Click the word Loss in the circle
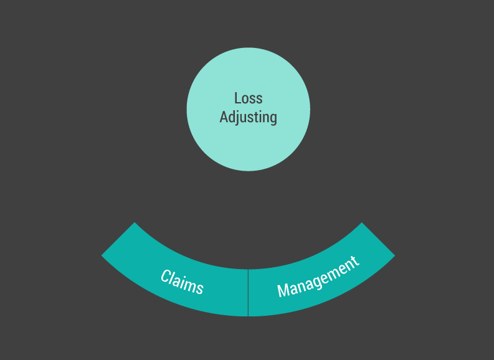pos(248,98)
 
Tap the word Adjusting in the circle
pos(248,117)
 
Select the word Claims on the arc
pos(182,282)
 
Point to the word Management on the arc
pos(318,277)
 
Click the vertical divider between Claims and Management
pos(248,293)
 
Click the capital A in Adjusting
pos(224,116)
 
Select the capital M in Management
pos(282,290)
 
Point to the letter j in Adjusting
pos(240,118)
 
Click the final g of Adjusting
pos(273,118)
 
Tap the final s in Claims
pos(199,288)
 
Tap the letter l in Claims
pos(174,277)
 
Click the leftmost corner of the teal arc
pos(102,255)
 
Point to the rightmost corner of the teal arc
pos(395,255)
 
